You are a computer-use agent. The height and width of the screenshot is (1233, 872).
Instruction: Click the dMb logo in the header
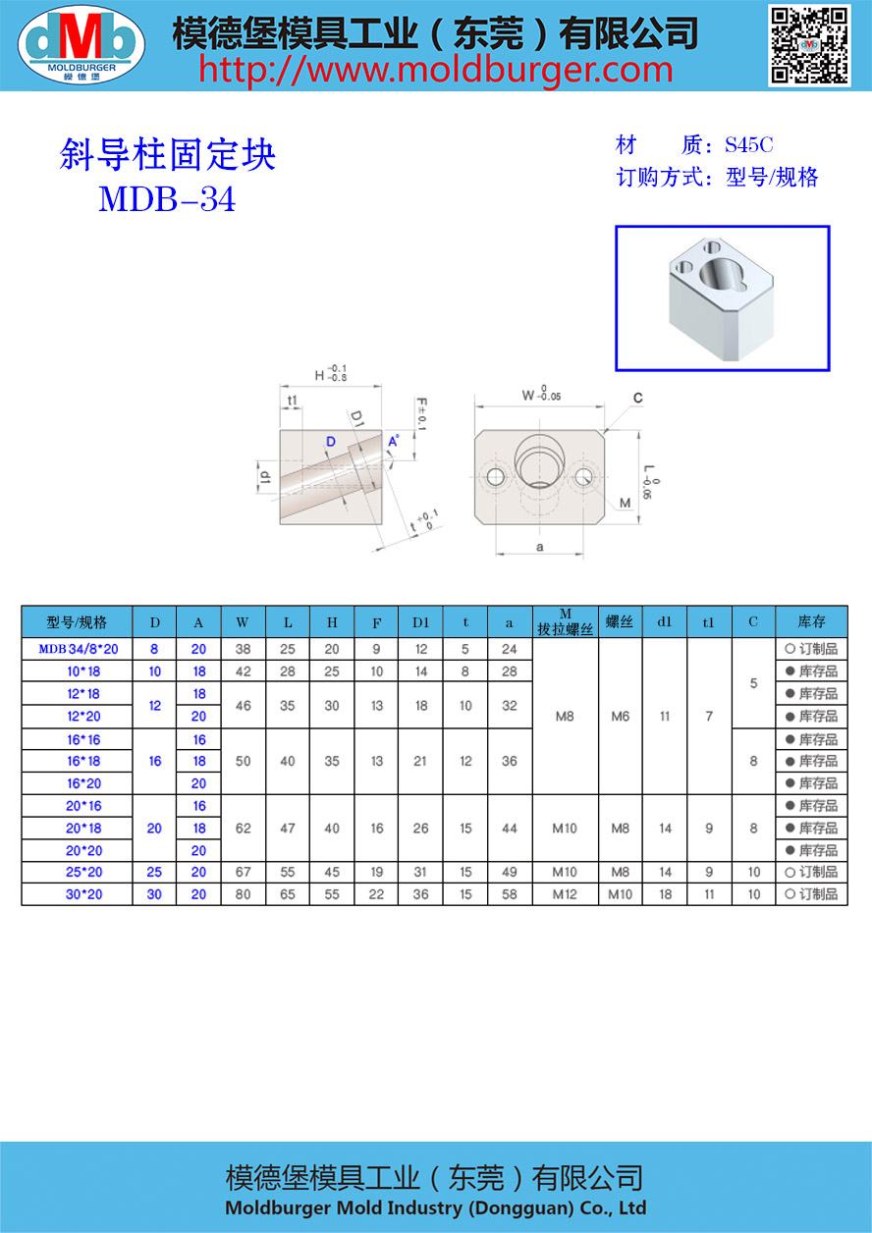tap(82, 44)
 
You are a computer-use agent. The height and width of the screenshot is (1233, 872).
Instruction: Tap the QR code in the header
tap(809, 45)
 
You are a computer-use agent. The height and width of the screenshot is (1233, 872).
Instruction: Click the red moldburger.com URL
tap(435, 71)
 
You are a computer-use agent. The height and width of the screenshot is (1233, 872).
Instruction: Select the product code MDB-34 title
tap(167, 199)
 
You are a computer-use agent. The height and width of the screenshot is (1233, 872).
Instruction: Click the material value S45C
tap(748, 144)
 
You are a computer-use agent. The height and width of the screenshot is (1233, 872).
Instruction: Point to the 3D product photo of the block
tap(722, 297)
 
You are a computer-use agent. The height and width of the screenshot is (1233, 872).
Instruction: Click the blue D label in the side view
tap(331, 442)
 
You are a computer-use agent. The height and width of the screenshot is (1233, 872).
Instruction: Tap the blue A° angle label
tap(394, 441)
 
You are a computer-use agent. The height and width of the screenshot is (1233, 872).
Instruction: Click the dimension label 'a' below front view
tap(539, 547)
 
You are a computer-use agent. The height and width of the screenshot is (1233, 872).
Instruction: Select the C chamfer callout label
tap(637, 398)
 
